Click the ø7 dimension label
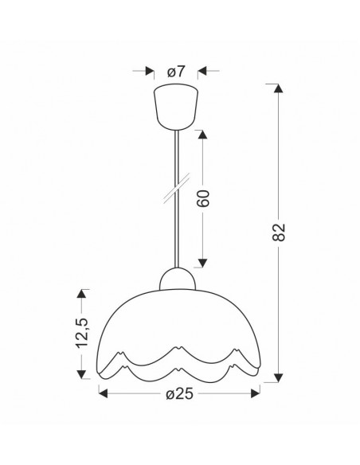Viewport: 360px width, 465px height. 176,72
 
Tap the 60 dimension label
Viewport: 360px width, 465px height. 203,199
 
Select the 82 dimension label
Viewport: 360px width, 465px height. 279,232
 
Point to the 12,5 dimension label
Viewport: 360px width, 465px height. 81,332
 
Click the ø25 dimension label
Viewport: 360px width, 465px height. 179,394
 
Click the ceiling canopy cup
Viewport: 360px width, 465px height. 176,107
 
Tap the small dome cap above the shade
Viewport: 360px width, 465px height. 178,279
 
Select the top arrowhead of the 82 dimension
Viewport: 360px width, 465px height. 278,88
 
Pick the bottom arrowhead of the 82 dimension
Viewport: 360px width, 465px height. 278,377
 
